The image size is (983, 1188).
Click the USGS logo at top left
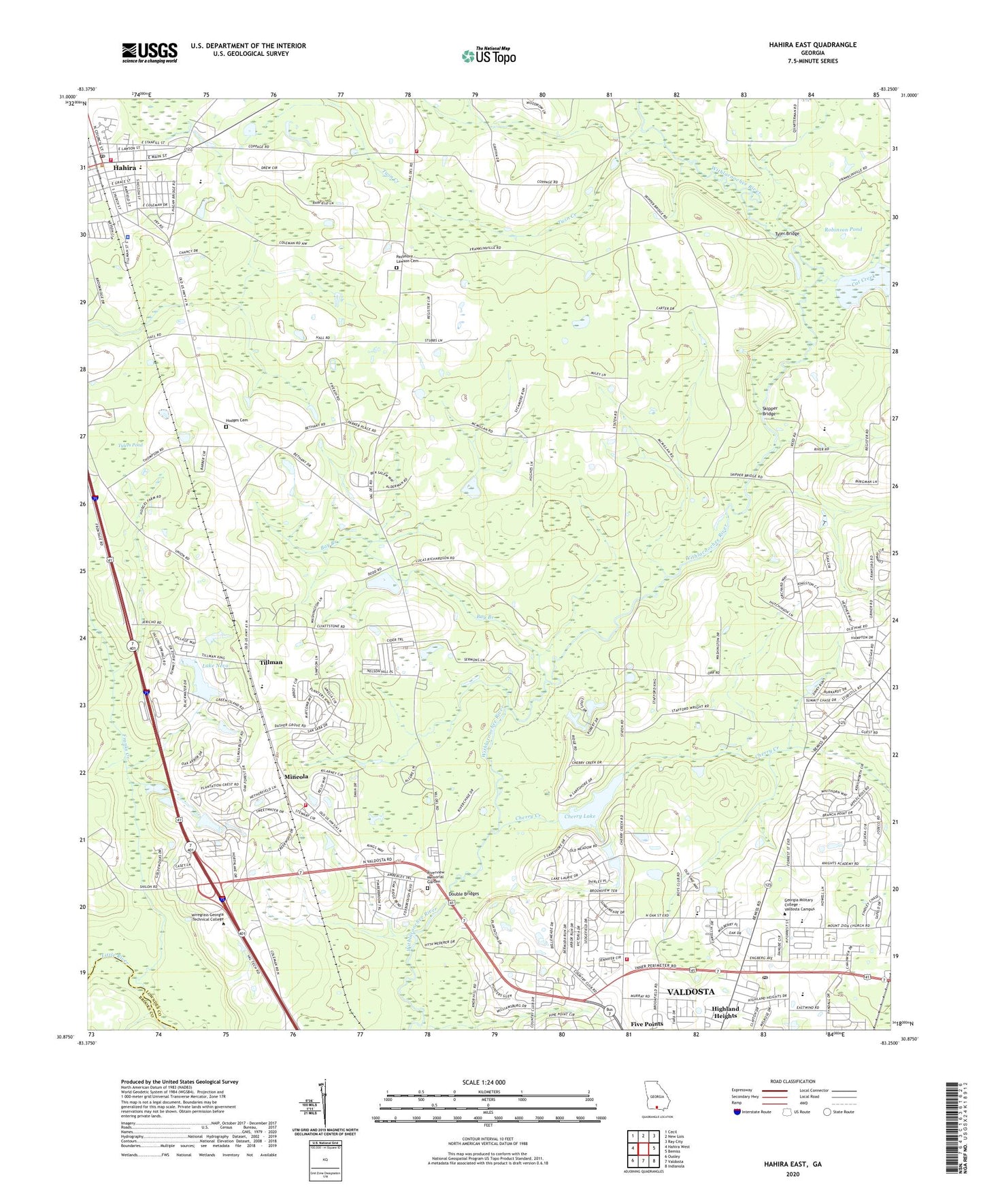coord(150,52)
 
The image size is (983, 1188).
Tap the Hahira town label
coord(124,167)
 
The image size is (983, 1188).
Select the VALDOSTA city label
coord(690,991)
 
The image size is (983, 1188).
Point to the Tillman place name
coord(271,661)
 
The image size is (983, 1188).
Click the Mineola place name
coord(296,776)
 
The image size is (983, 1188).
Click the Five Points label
coord(646,1023)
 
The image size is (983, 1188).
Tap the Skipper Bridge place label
coord(769,410)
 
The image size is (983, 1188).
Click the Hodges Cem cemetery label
coord(237,420)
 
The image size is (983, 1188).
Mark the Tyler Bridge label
coord(788,233)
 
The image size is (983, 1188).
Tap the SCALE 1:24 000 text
coord(483,1082)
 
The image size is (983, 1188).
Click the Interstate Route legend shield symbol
coord(737,1112)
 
